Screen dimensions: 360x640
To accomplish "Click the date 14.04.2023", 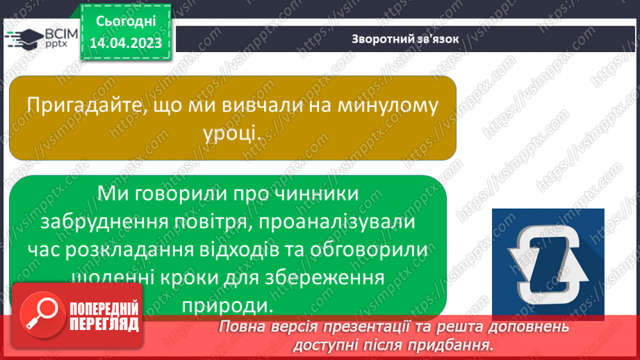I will pyautogui.click(x=126, y=43).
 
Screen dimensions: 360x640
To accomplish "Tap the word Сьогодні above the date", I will pyautogui.click(x=126, y=22).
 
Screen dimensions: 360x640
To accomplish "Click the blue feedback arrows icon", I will pyautogui.click(x=548, y=262).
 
